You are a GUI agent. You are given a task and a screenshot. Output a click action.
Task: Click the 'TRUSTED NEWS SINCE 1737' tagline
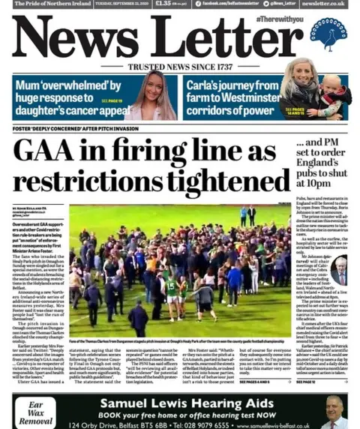(x=180, y=66)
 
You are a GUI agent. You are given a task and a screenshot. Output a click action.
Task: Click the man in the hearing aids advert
(x=336, y=411)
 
